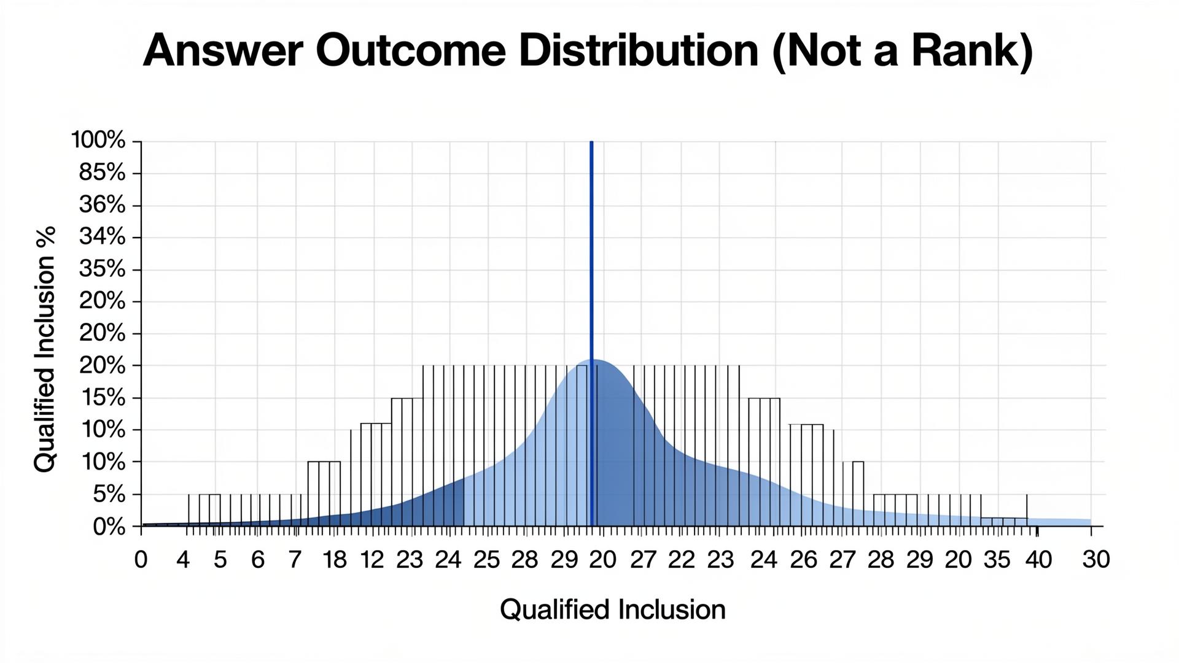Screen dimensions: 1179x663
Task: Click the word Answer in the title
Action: pyautogui.click(x=223, y=50)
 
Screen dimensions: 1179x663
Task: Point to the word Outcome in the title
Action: pyautogui.click(x=411, y=50)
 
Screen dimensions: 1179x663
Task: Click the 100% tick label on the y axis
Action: pyautogui.click(x=98, y=140)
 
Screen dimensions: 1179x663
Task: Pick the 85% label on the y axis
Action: pyautogui.click(x=102, y=173)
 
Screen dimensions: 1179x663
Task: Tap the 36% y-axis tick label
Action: pyautogui.click(x=102, y=204)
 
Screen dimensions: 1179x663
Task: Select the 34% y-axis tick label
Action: pyautogui.click(x=102, y=236)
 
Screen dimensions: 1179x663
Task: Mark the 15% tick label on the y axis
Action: pyautogui.click(x=102, y=398)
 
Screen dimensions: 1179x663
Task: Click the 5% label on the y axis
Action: pyautogui.click(x=109, y=494)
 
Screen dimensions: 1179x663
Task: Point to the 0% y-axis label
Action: pyautogui.click(x=109, y=527)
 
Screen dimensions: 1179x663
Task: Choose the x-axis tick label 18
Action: pyautogui.click(x=335, y=560)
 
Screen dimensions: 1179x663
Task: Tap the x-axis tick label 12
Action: pyautogui.click(x=372, y=560)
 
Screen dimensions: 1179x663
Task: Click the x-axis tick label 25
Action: pyautogui.click(x=486, y=560)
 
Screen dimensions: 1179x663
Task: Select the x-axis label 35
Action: pyautogui.click(x=997, y=560)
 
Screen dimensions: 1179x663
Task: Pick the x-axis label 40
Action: pyautogui.click(x=1038, y=560)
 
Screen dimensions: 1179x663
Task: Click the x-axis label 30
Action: pyautogui.click(x=1096, y=560)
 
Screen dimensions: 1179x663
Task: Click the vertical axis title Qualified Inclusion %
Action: pyautogui.click(x=45, y=349)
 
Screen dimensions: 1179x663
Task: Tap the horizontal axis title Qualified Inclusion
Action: pyautogui.click(x=613, y=610)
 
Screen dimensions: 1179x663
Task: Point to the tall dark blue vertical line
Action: pyautogui.click(x=591, y=333)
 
